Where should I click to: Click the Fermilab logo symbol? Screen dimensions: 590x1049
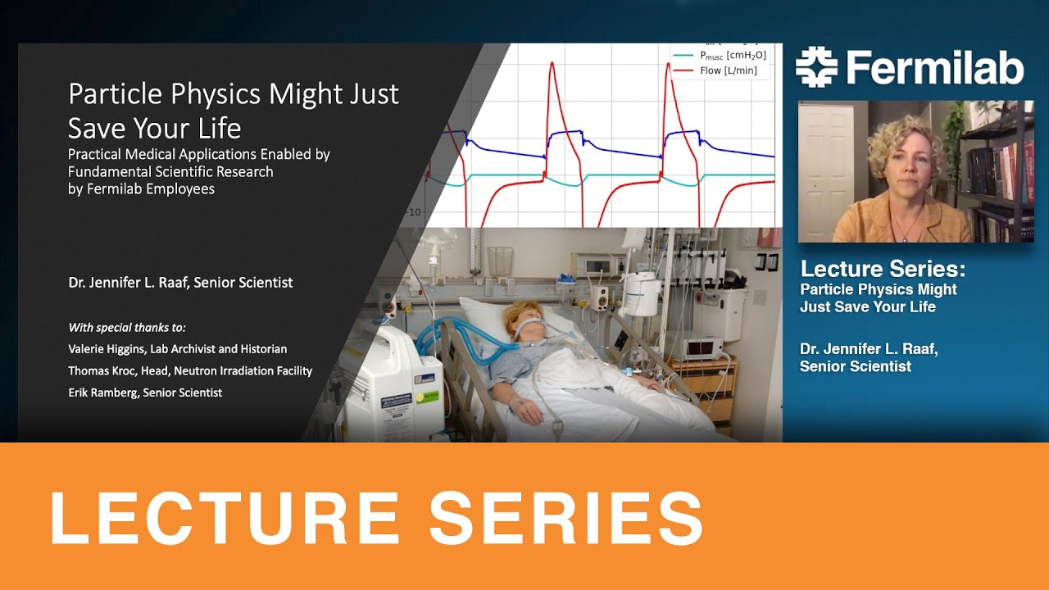(x=816, y=67)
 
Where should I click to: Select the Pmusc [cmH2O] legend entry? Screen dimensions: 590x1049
(x=733, y=55)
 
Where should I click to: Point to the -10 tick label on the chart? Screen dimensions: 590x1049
(x=415, y=212)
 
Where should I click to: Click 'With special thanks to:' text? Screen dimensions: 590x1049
(x=127, y=327)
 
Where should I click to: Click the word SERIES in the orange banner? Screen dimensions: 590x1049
(x=565, y=517)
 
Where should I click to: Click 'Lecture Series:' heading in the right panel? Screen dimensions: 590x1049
(x=883, y=269)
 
